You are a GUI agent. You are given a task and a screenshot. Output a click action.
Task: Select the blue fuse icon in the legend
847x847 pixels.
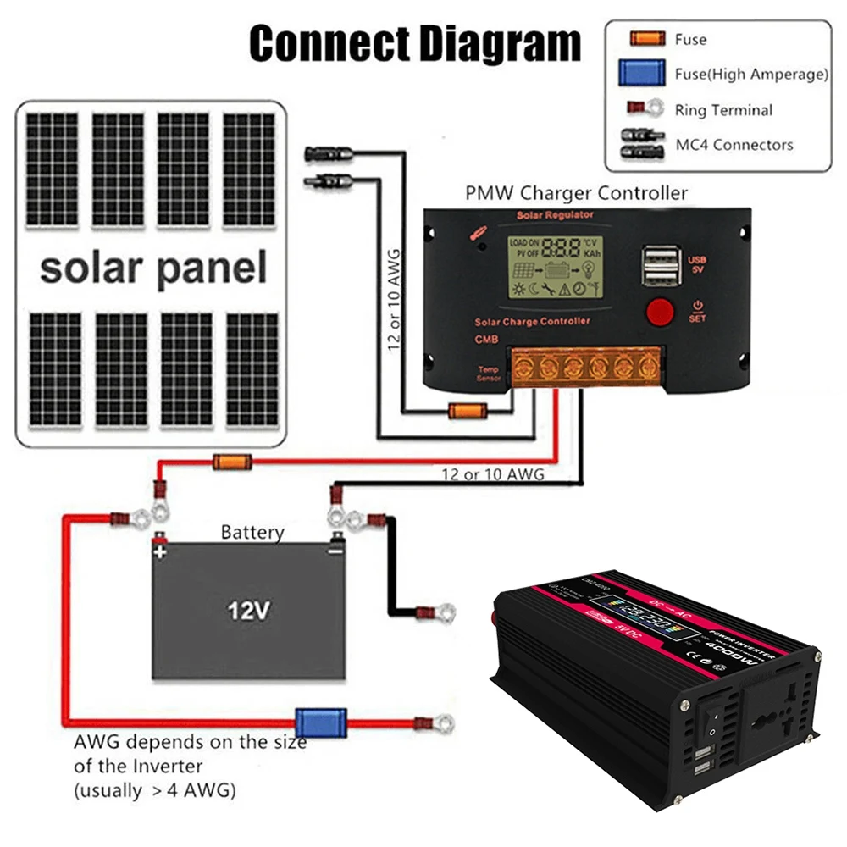point(641,74)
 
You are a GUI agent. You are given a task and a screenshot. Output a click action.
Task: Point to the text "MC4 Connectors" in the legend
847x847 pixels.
point(734,145)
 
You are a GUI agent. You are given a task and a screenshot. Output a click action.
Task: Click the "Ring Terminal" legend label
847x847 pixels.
point(723,110)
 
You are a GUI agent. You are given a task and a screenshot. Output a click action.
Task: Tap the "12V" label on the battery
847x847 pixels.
point(251,610)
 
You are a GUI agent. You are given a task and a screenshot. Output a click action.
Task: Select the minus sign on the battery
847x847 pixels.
point(335,551)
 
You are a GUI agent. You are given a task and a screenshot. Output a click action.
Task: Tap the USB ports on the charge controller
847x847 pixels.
point(659,264)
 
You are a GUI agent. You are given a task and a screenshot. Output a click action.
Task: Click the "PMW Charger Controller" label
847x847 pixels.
point(576,193)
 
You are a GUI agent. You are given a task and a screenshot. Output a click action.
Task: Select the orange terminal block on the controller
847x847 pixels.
point(585,366)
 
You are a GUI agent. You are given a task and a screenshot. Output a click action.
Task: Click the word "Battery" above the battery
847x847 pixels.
point(252,533)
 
